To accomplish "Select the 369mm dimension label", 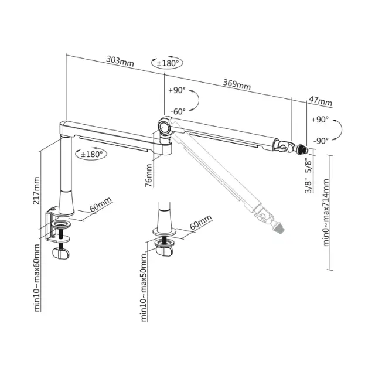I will [237, 84].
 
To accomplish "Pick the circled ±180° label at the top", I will [167, 63].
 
